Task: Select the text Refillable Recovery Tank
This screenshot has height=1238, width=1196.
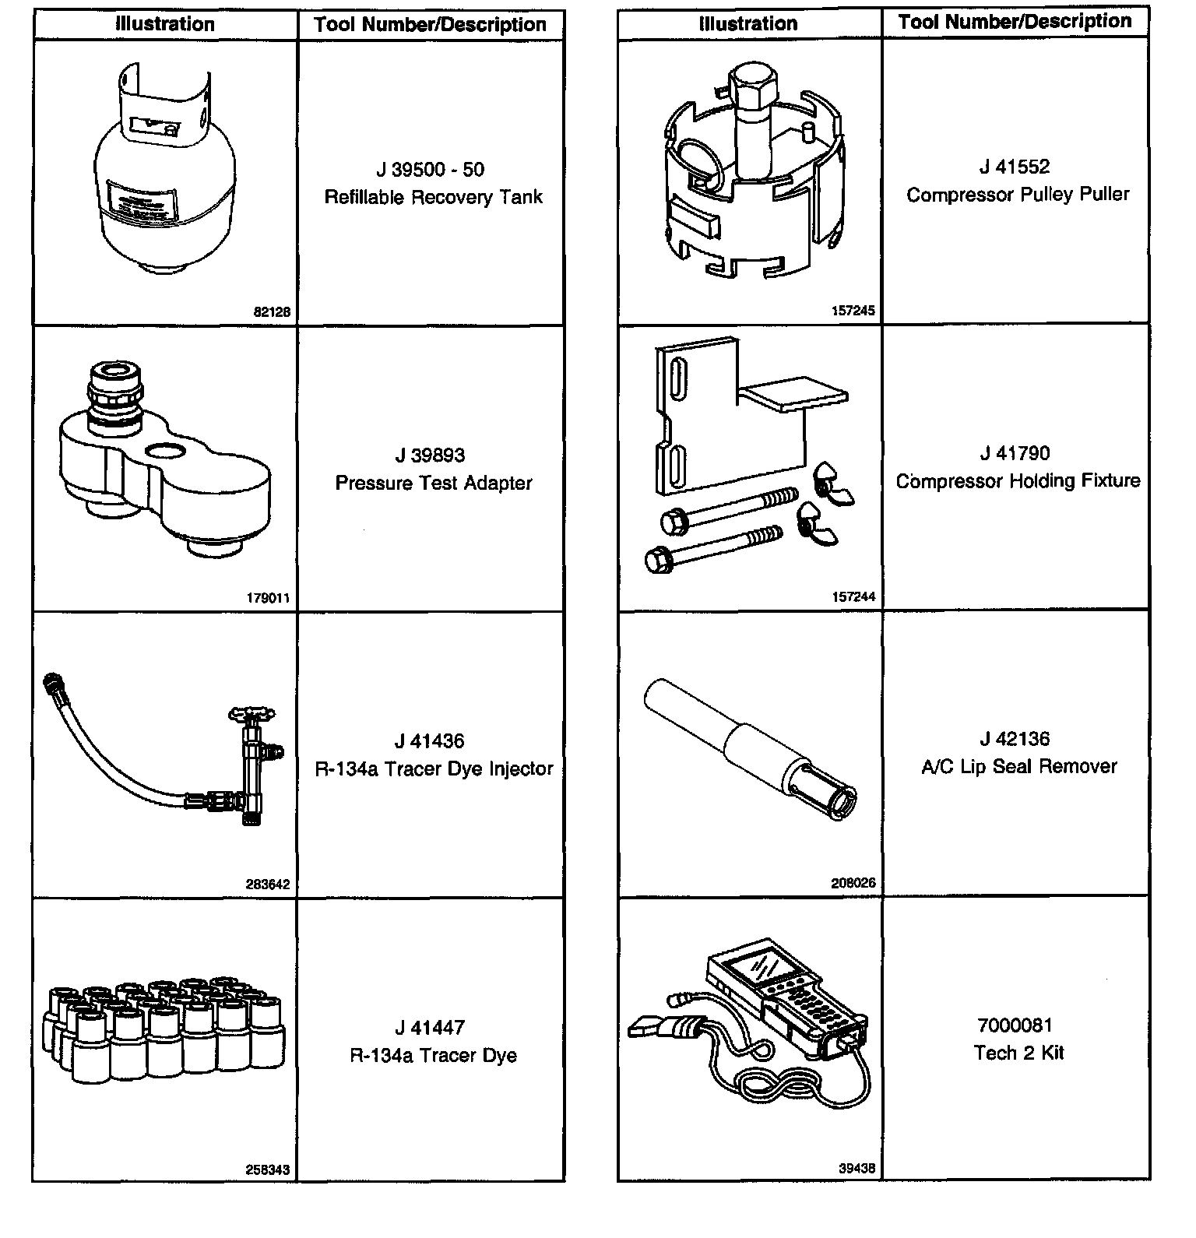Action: tap(433, 197)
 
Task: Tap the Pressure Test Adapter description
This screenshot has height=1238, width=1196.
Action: tap(433, 484)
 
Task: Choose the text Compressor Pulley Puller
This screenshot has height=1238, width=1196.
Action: tap(1017, 195)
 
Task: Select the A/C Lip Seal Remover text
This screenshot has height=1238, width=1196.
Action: tap(1018, 767)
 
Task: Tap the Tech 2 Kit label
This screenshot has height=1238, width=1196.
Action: tap(1018, 1053)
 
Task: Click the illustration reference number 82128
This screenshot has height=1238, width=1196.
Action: tap(272, 312)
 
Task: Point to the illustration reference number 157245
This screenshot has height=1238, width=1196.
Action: tap(853, 311)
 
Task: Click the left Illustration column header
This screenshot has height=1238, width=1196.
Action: tap(165, 24)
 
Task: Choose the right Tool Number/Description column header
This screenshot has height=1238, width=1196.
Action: tap(1015, 22)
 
